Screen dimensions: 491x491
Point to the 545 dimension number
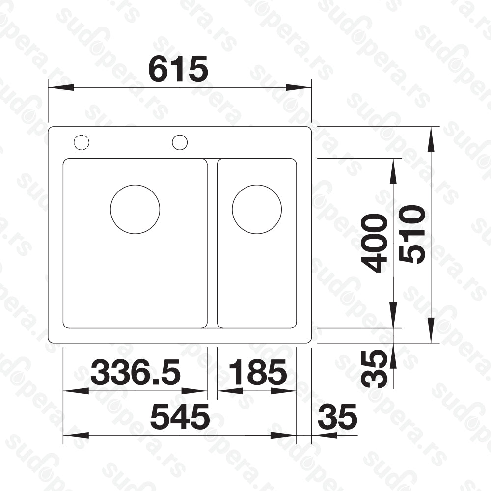[x=180, y=418]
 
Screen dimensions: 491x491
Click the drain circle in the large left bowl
[x=135, y=209]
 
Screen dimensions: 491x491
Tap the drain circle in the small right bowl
[x=257, y=209]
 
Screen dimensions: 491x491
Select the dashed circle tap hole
[x=82, y=142]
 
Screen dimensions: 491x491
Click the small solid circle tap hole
[x=180, y=142]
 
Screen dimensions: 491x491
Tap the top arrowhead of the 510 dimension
[x=431, y=138]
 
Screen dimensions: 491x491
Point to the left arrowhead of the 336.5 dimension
[x=75, y=391]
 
